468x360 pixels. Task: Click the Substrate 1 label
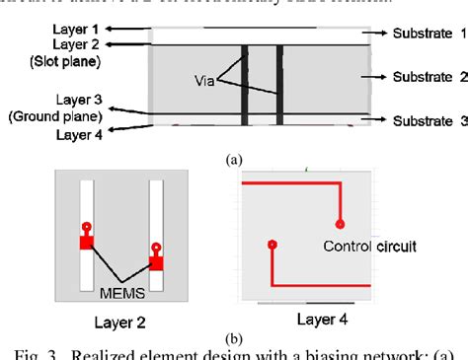(416, 34)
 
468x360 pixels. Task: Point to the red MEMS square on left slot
(87, 243)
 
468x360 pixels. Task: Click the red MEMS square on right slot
(155, 262)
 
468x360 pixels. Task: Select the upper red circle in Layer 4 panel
(340, 223)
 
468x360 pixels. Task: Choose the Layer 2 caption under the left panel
(119, 322)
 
